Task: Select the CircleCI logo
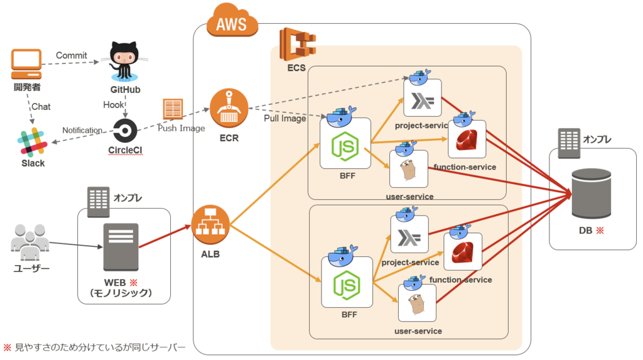(125, 131)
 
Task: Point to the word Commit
(72, 55)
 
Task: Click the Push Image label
(181, 128)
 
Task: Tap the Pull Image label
(285, 118)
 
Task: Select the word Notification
(82, 130)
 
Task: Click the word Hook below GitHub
(114, 104)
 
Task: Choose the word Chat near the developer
(41, 107)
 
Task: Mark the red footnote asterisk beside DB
(599, 231)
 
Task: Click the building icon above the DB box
(569, 144)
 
